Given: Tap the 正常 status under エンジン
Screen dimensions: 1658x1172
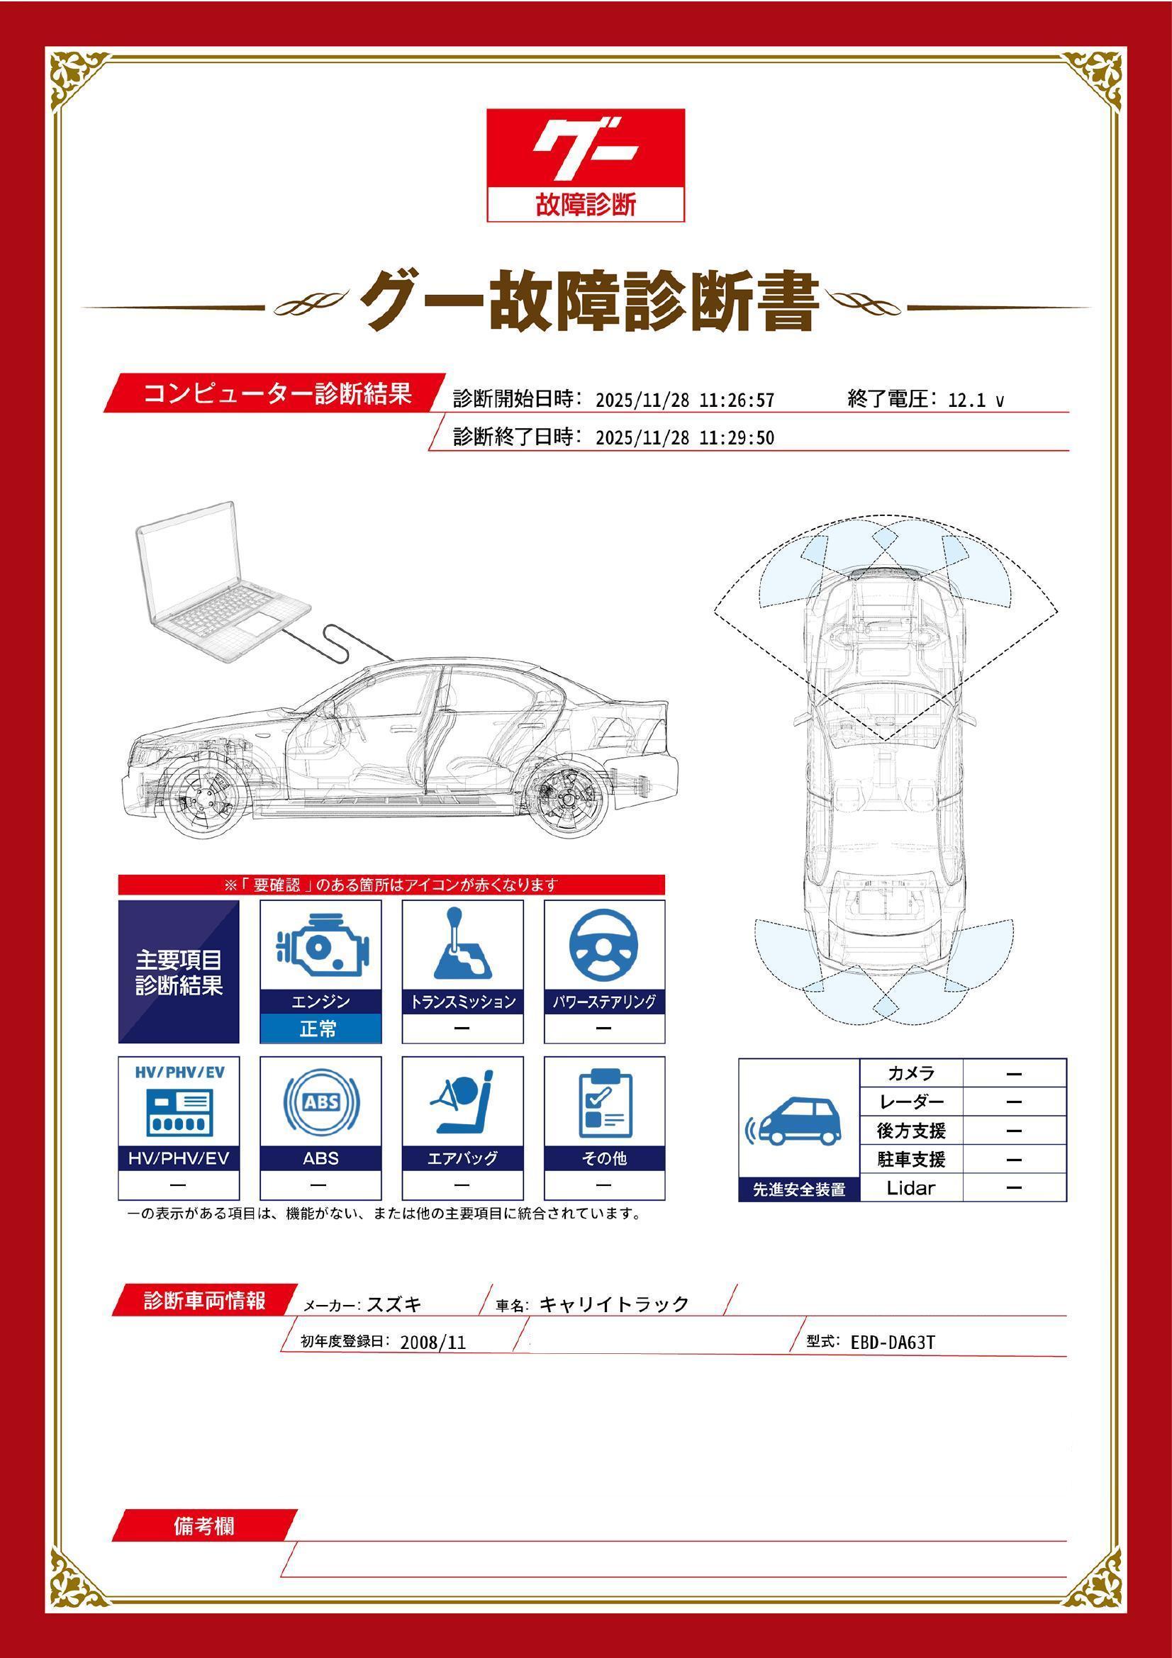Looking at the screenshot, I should tap(320, 1029).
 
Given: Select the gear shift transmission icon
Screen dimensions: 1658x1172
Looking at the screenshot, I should tap(462, 943).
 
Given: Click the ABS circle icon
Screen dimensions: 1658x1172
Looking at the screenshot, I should tap(320, 1102).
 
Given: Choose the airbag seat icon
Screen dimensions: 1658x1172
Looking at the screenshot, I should tap(462, 1103).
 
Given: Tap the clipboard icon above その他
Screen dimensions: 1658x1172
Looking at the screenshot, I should tap(604, 1102).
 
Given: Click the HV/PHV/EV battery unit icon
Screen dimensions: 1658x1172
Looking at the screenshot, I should tap(179, 1111).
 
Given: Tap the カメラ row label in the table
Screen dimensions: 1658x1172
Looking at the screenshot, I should tap(910, 1073).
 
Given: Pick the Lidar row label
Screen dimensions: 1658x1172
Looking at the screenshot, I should tap(910, 1187).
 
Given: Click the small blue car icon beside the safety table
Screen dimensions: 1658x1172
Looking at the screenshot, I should tap(797, 1122).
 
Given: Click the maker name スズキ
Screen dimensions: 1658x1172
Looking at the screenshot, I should tap(394, 1304).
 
